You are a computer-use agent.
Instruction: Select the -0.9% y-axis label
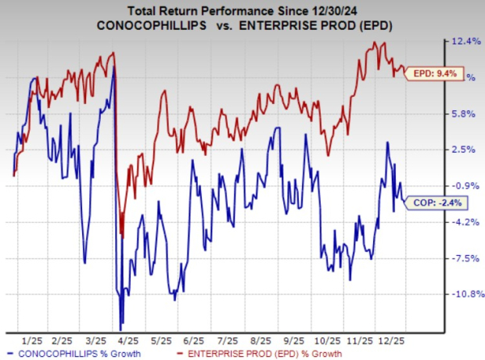click(462, 185)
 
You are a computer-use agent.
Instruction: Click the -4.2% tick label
click(462, 221)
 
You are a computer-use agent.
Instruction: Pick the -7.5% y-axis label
click(462, 257)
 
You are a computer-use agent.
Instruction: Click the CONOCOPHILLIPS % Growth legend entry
click(70, 354)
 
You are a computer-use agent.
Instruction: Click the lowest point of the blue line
click(120, 329)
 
